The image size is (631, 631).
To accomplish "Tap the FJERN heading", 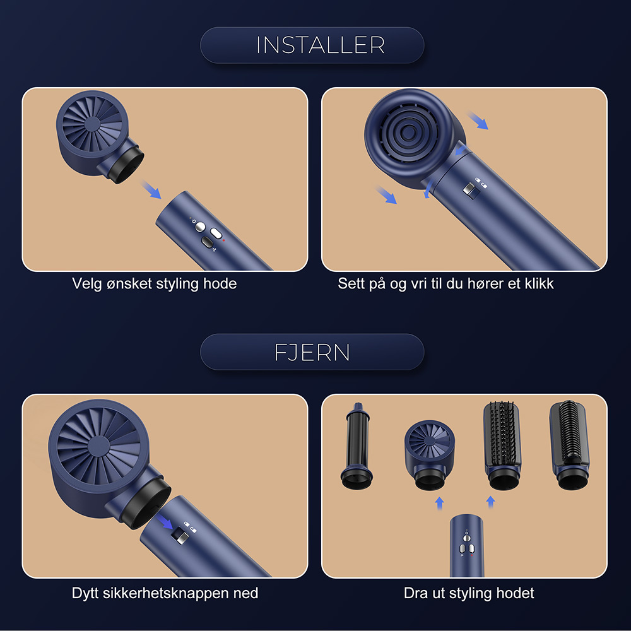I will [x=312, y=352].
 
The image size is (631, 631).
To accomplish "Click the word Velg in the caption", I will [x=86, y=284].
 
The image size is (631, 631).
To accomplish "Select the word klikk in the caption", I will [x=534, y=284].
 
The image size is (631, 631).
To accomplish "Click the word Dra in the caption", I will [x=415, y=593].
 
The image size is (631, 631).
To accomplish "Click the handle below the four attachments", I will [x=466, y=546].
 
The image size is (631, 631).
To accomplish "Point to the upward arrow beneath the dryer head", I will [x=439, y=502].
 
